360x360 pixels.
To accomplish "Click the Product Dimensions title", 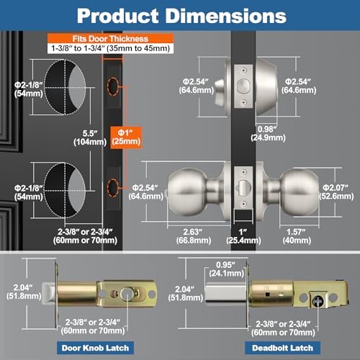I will coord(180,16).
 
